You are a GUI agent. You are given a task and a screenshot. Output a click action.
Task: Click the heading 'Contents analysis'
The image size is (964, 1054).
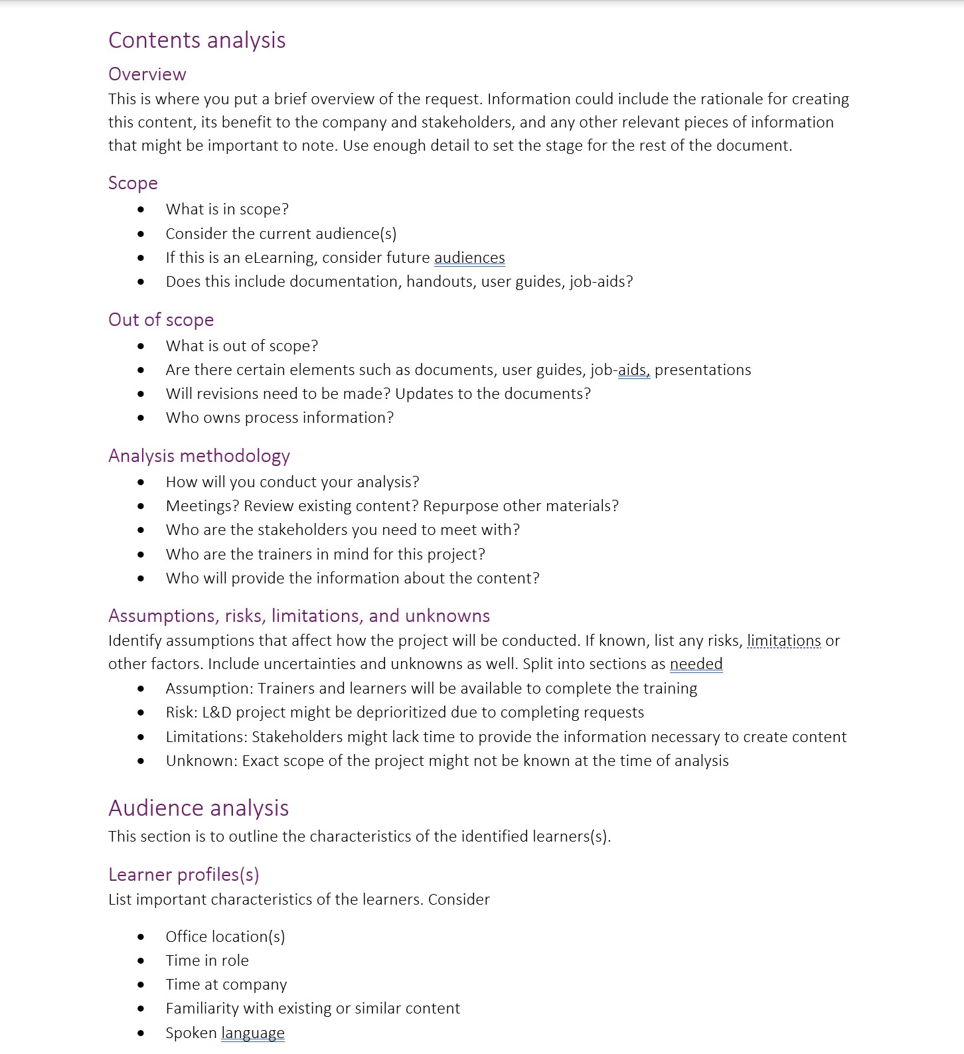[x=197, y=40]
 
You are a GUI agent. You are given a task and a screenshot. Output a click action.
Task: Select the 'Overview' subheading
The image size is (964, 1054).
[x=147, y=74]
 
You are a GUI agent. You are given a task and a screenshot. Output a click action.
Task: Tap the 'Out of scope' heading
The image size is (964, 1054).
[x=161, y=320]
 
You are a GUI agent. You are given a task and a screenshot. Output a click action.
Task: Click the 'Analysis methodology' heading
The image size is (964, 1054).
[x=199, y=456]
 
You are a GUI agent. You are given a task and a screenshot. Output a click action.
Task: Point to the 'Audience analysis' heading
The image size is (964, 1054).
[x=199, y=808]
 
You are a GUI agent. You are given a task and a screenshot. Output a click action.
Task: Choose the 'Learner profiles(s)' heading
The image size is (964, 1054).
[x=183, y=875]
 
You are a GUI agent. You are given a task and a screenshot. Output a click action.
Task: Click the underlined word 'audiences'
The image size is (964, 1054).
[x=469, y=258]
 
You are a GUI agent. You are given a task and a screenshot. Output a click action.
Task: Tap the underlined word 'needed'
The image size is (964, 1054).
[x=696, y=664]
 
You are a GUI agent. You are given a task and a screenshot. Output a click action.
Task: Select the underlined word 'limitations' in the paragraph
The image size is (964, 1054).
[x=783, y=640]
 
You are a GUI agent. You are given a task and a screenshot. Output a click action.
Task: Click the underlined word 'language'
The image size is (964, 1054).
[x=252, y=1033]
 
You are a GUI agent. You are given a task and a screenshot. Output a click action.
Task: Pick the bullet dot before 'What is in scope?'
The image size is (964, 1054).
[x=141, y=210]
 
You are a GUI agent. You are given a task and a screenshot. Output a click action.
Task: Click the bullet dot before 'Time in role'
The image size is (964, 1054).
[x=141, y=961]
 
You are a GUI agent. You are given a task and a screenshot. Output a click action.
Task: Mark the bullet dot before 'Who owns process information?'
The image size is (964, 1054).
[x=141, y=418]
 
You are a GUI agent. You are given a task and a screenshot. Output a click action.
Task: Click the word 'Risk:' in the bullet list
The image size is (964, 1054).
[x=181, y=712]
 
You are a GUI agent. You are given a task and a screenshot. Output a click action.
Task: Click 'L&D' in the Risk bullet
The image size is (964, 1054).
[x=216, y=712]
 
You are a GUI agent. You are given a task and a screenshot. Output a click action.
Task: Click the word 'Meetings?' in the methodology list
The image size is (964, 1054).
[x=202, y=506]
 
